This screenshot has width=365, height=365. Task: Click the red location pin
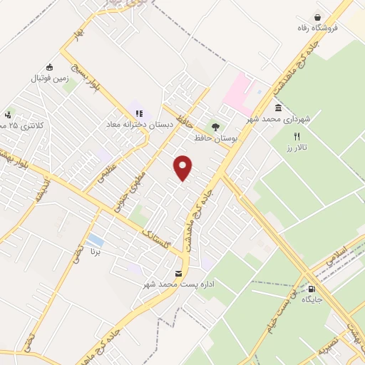184,167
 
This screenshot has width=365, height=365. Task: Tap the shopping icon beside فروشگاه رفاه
317,17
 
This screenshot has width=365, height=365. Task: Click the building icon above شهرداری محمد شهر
277,108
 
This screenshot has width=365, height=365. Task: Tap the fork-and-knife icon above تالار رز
298,135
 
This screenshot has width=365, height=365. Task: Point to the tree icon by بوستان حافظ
216,125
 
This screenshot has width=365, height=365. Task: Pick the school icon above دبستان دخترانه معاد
139,112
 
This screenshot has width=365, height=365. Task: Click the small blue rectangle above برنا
95,240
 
